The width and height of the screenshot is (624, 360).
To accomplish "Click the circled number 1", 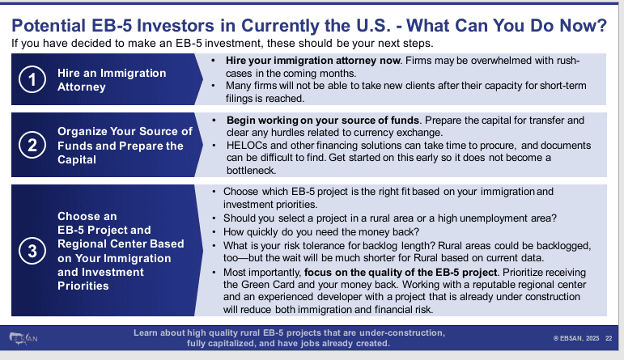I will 30,80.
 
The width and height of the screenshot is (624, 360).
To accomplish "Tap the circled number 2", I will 30,146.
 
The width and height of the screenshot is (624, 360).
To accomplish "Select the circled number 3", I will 30,250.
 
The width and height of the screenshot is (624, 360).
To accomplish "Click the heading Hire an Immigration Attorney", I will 112,80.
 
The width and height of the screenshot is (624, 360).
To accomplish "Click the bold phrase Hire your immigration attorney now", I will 288,61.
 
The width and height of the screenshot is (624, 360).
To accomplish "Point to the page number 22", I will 609,338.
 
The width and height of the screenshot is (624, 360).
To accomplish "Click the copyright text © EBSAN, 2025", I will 577,338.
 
